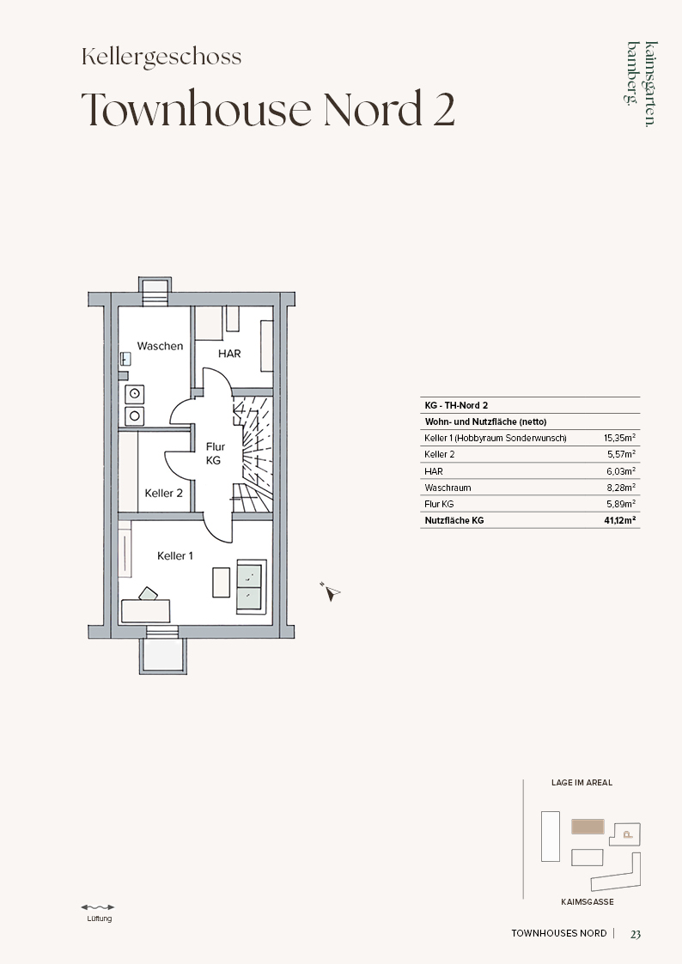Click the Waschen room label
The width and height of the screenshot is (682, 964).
(x=160, y=346)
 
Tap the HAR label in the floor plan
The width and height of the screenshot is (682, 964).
(x=229, y=354)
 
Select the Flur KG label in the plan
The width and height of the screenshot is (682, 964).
(x=215, y=453)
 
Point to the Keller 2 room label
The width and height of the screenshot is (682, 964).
(x=163, y=493)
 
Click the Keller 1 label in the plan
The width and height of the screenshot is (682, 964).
(x=175, y=555)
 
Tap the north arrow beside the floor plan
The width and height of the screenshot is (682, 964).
(x=331, y=591)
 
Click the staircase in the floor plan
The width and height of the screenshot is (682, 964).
(x=253, y=454)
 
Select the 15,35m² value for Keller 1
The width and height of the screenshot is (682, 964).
(x=619, y=438)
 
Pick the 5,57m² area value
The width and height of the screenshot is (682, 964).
(x=622, y=454)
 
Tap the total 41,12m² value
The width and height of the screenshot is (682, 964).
(x=620, y=520)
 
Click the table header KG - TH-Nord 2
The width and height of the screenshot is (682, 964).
(x=456, y=405)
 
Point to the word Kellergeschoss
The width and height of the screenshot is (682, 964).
(x=161, y=58)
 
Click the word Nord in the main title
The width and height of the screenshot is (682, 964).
(x=373, y=108)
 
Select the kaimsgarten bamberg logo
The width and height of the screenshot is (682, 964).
(x=642, y=83)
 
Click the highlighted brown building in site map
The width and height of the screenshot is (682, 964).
(x=588, y=827)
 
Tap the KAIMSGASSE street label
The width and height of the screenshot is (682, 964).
(x=588, y=902)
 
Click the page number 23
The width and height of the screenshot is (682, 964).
(x=636, y=934)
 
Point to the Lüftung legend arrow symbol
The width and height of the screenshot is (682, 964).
(x=98, y=906)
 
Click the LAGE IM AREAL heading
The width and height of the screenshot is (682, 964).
(x=582, y=783)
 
